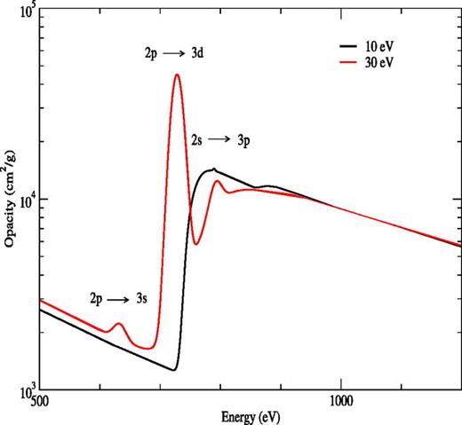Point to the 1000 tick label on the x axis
tap(341, 401)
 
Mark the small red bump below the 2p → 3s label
tap(118, 324)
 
